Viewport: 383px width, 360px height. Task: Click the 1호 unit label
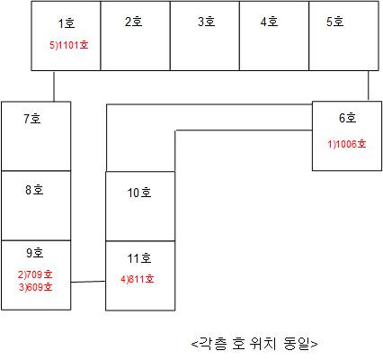(67, 23)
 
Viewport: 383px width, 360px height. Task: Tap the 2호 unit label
(133, 22)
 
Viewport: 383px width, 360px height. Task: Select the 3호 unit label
(206, 22)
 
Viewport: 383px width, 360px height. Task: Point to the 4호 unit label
(269, 22)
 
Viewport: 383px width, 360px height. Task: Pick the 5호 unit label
(335, 22)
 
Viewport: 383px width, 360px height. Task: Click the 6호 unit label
(348, 118)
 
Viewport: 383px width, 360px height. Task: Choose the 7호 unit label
(32, 119)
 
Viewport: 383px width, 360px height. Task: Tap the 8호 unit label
(34, 190)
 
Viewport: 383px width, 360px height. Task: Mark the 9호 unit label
(35, 253)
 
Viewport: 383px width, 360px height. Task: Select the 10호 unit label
(139, 193)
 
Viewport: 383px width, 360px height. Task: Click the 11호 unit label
(139, 258)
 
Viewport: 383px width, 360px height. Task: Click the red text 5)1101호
(69, 45)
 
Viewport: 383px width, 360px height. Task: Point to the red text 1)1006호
(347, 144)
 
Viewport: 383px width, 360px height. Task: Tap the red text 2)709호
(35, 274)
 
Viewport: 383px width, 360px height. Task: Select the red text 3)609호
(36, 287)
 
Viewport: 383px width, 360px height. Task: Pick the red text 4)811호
(138, 279)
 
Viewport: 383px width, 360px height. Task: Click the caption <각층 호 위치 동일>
(254, 344)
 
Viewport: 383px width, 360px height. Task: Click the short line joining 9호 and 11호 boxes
(88, 282)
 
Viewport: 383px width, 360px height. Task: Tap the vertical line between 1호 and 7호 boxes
(54, 86)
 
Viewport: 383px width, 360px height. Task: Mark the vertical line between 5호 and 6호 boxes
(369, 85)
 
